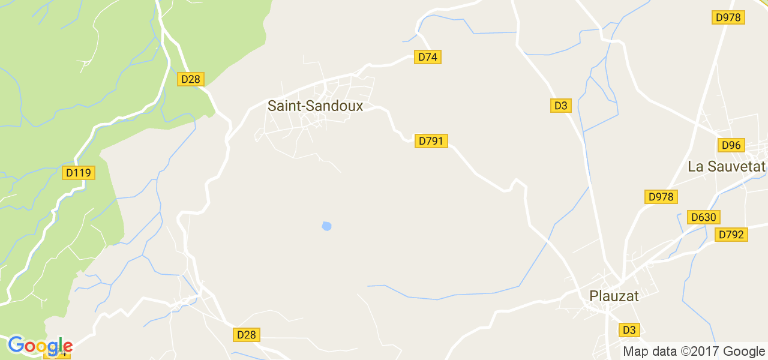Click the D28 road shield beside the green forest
[191, 79]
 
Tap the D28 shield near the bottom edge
[246, 335]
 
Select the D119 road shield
[79, 173]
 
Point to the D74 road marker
[428, 57]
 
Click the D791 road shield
[431, 141]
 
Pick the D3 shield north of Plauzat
[560, 106]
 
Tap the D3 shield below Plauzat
[629, 329]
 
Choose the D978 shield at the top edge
[728, 17]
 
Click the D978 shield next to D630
[661, 196]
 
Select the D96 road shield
[731, 145]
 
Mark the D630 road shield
[704, 217]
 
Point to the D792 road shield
[731, 235]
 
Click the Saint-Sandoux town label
[316, 106]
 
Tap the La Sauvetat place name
[727, 167]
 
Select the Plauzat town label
[614, 295]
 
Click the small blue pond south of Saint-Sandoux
[326, 226]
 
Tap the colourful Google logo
[40, 346]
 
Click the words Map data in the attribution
[649, 352]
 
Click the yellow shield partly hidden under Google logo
[57, 355]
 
